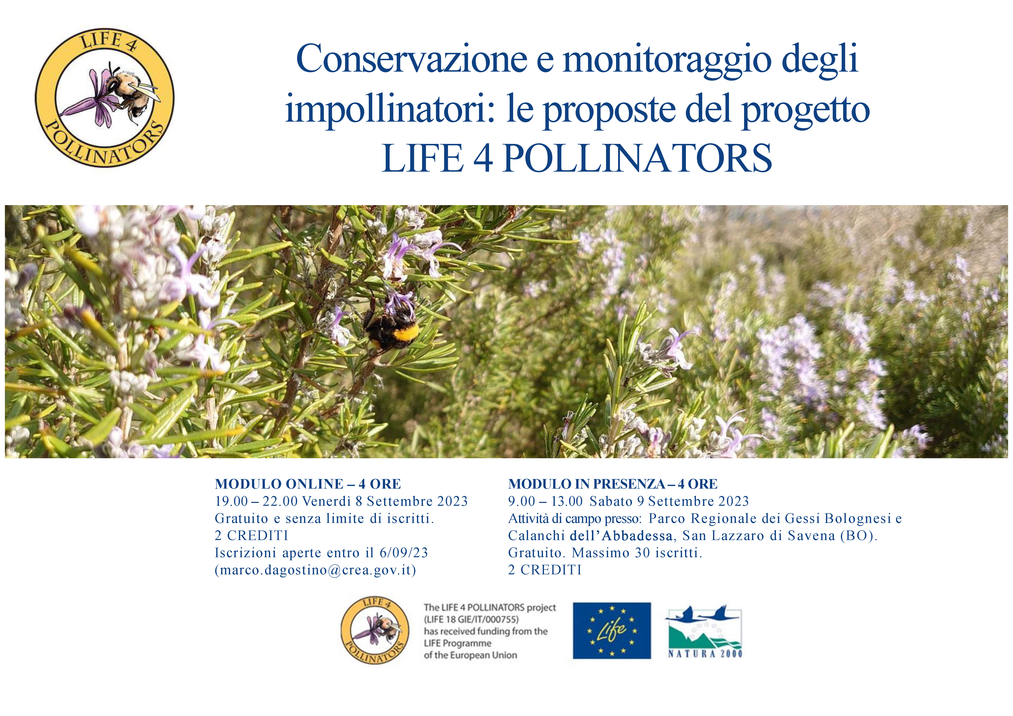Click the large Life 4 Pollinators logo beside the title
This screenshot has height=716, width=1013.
tap(105, 98)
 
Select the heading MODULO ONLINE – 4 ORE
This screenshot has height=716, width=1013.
tap(308, 484)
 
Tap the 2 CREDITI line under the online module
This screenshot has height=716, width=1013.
tap(252, 536)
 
